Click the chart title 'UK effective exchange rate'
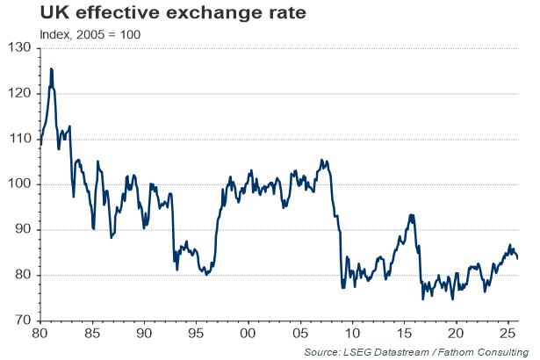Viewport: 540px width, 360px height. (128, 14)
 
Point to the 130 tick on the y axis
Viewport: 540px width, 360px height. (19, 47)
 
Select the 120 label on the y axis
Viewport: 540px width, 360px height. (19, 93)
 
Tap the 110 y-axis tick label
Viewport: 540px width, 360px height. (19, 139)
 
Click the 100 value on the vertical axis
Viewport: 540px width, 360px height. (19, 184)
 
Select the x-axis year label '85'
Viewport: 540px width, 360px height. (92, 335)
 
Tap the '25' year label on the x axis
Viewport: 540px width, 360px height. (507, 335)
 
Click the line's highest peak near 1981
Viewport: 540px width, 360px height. (52, 68)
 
